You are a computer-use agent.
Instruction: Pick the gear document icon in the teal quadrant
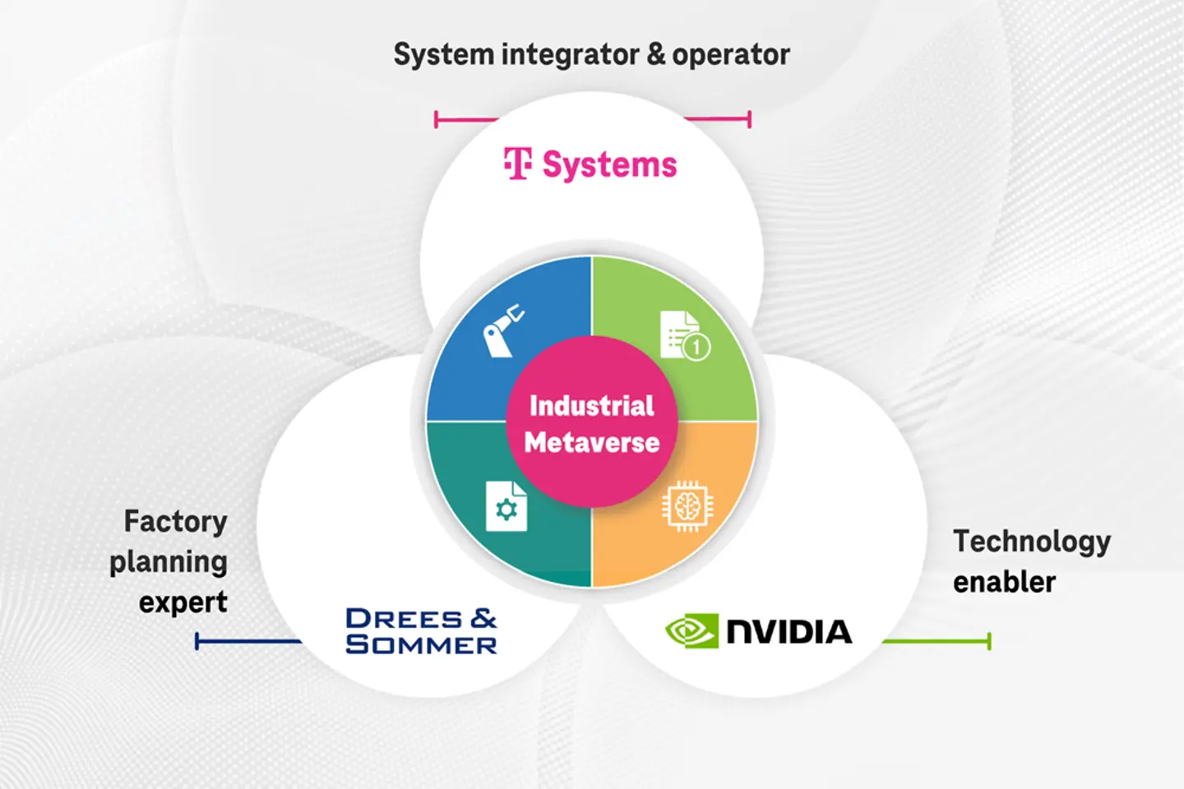(506, 506)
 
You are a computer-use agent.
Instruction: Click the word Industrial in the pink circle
(591, 406)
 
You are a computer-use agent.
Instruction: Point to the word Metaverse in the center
(592, 443)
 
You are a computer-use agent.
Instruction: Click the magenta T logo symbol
(518, 164)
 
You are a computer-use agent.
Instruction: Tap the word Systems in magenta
(609, 165)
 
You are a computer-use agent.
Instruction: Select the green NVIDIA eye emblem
(691, 631)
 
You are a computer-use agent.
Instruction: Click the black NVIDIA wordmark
(789, 631)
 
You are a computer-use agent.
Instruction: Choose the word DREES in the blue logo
(404, 619)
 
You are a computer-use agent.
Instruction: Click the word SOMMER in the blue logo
(421, 645)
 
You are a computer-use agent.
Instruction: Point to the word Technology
(1032, 542)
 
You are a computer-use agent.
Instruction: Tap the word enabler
(1004, 582)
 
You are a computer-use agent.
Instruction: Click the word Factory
(175, 522)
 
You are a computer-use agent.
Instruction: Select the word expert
(183, 602)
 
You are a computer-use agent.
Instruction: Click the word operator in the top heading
(730, 55)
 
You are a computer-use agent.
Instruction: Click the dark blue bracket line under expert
(247, 641)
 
